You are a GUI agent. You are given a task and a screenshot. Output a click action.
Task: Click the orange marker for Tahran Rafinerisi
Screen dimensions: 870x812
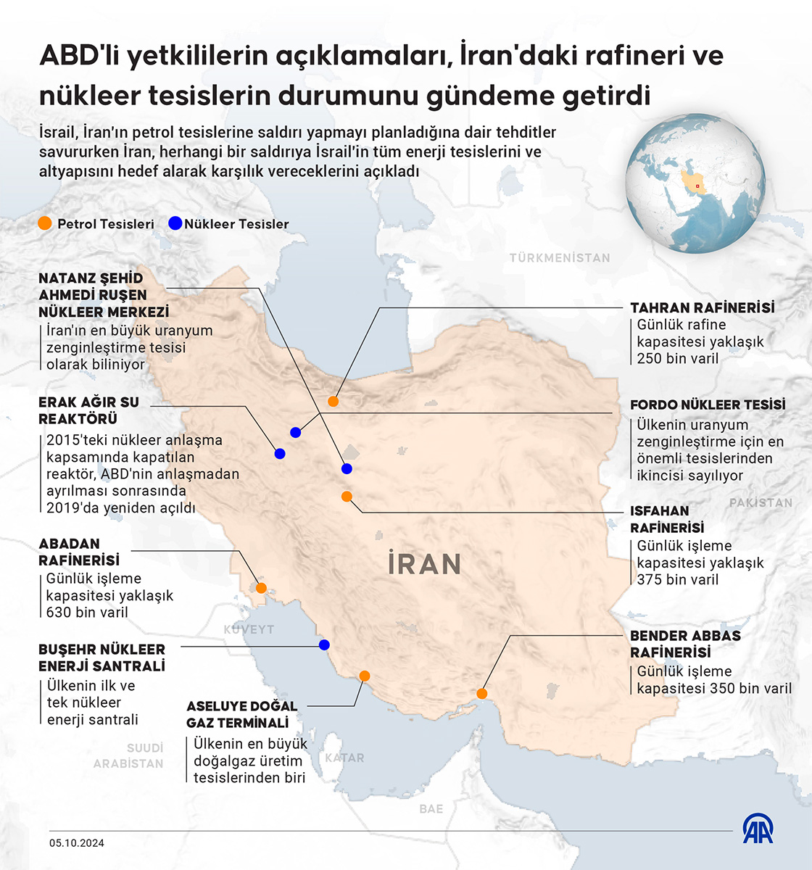click(333, 401)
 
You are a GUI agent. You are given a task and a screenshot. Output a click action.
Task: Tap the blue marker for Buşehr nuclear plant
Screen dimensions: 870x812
click(324, 645)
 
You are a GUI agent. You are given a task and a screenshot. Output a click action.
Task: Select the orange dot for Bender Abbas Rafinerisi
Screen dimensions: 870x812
click(482, 694)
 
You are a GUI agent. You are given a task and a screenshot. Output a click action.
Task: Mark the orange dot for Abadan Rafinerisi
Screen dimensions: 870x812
click(261, 588)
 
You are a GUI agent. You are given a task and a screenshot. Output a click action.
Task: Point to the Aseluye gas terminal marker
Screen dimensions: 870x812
click(365, 676)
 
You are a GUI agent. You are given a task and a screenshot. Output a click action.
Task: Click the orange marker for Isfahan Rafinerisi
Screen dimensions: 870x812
click(347, 497)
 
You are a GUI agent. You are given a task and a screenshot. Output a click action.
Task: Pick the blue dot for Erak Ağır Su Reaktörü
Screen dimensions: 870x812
click(280, 454)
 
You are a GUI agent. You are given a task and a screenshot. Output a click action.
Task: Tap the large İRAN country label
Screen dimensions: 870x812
click(425, 564)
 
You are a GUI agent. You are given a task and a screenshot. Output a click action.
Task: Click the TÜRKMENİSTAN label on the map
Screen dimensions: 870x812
click(560, 257)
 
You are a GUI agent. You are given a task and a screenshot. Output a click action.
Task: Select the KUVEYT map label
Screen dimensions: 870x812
click(249, 629)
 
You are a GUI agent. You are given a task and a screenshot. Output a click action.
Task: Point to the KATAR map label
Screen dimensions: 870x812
click(344, 758)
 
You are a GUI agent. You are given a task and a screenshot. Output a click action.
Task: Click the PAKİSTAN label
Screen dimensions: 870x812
click(761, 502)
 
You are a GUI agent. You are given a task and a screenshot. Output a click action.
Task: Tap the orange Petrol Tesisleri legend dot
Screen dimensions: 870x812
click(45, 224)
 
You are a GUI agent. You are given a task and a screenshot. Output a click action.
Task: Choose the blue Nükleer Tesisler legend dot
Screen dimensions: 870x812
click(175, 224)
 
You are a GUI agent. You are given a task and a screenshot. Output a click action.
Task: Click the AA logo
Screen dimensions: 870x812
click(758, 828)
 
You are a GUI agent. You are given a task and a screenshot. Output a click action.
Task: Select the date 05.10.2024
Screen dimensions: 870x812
click(77, 842)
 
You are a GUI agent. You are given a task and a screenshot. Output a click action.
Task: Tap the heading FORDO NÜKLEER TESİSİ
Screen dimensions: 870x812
click(708, 405)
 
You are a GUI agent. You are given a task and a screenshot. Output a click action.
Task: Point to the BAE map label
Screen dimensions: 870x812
click(431, 808)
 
